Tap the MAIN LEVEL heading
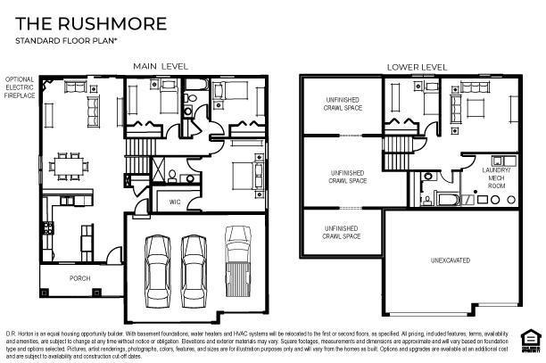(x=161, y=67)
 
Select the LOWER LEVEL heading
(x=416, y=67)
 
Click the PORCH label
(x=80, y=277)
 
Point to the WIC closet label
(x=175, y=202)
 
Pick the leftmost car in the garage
(x=158, y=267)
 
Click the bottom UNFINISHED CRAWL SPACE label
(x=342, y=233)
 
